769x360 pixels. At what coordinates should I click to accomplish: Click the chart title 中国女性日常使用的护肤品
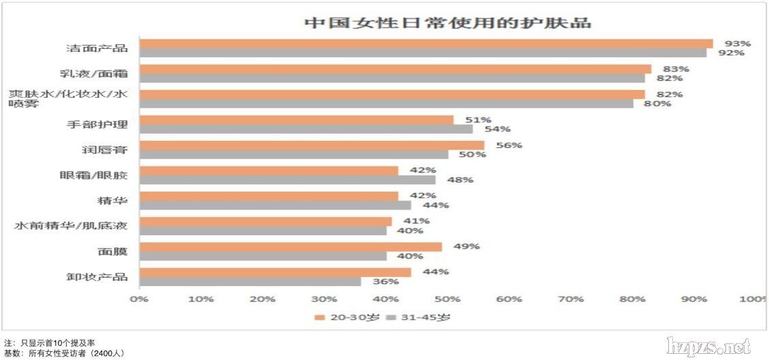click(447, 22)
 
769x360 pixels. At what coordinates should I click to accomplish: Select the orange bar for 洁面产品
click(425, 44)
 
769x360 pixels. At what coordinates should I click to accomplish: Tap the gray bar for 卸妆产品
click(250, 281)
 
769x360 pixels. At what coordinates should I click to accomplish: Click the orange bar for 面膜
click(290, 246)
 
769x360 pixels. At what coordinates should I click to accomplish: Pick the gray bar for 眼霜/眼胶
click(287, 180)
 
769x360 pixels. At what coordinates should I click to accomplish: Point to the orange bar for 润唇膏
click(312, 145)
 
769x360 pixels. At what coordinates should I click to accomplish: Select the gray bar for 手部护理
click(306, 129)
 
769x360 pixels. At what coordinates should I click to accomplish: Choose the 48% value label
click(460, 180)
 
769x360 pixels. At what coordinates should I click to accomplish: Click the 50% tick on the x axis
click(447, 299)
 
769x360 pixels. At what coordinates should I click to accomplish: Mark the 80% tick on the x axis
click(632, 299)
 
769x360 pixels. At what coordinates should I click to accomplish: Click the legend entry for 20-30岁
click(346, 317)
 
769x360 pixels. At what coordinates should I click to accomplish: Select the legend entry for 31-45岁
click(419, 317)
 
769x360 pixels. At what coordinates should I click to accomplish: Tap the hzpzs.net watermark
click(708, 346)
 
